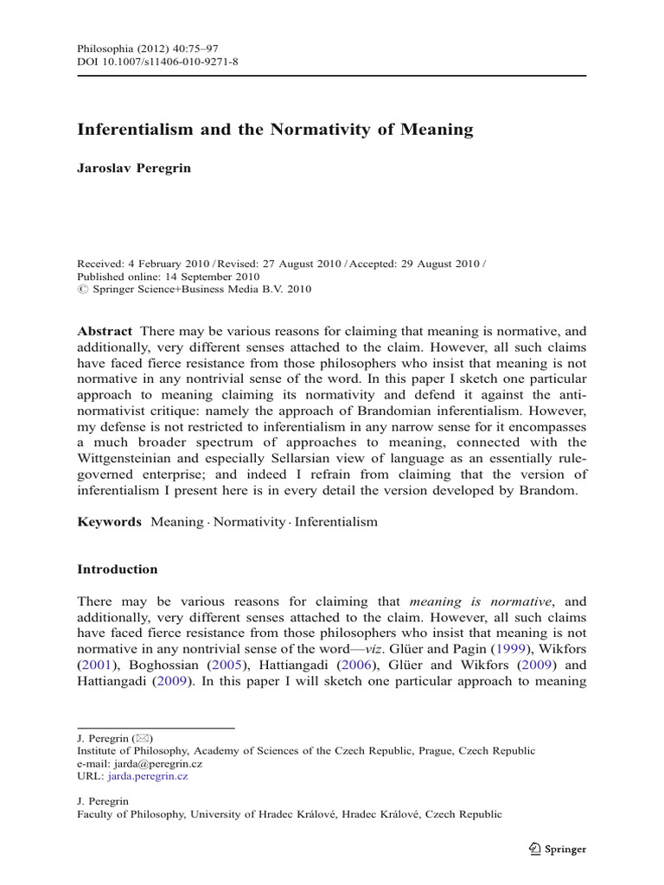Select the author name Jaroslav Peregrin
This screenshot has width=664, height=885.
tap(134, 169)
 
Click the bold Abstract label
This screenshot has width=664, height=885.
tap(105, 331)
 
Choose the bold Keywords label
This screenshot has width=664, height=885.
tap(109, 522)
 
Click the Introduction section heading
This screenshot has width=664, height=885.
tap(118, 570)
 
